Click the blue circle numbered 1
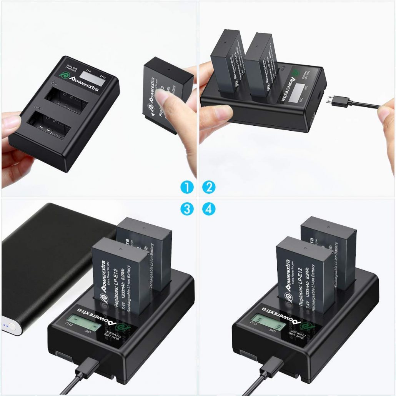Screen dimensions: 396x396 pos(186,187)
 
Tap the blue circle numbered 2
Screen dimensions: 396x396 pos(209,187)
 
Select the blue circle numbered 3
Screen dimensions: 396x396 pos(186,209)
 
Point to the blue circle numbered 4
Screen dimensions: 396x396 pos(209,209)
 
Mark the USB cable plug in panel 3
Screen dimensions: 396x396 pos(84,368)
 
